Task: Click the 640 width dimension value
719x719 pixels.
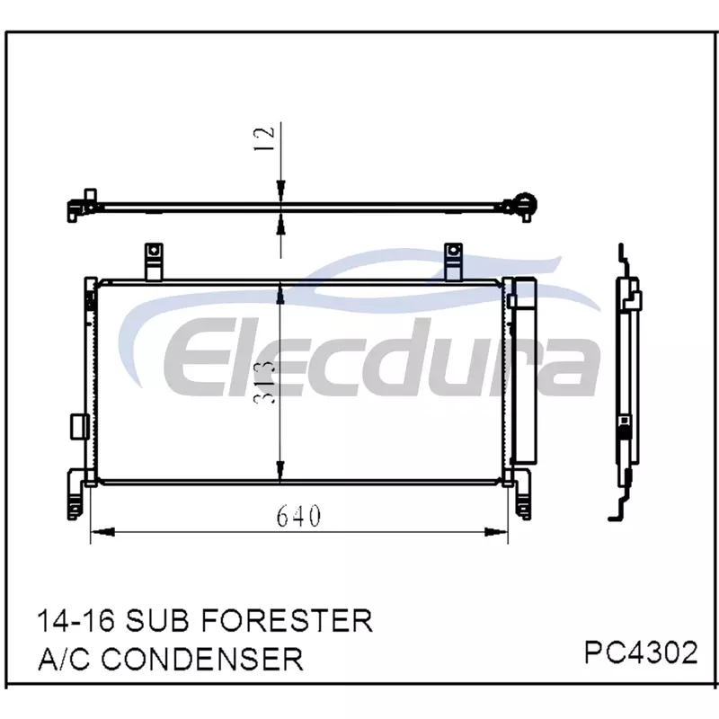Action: click(298, 516)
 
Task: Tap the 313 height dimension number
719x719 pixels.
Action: click(265, 382)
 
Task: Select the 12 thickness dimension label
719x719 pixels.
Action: click(264, 138)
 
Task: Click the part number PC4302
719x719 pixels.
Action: click(641, 652)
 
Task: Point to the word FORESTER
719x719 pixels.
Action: click(287, 621)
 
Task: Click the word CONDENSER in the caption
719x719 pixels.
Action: click(202, 659)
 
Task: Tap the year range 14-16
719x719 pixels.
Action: click(76, 621)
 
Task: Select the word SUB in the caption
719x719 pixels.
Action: click(157, 621)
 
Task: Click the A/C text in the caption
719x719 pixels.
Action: click(64, 659)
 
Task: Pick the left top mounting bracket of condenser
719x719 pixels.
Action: click(154, 262)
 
